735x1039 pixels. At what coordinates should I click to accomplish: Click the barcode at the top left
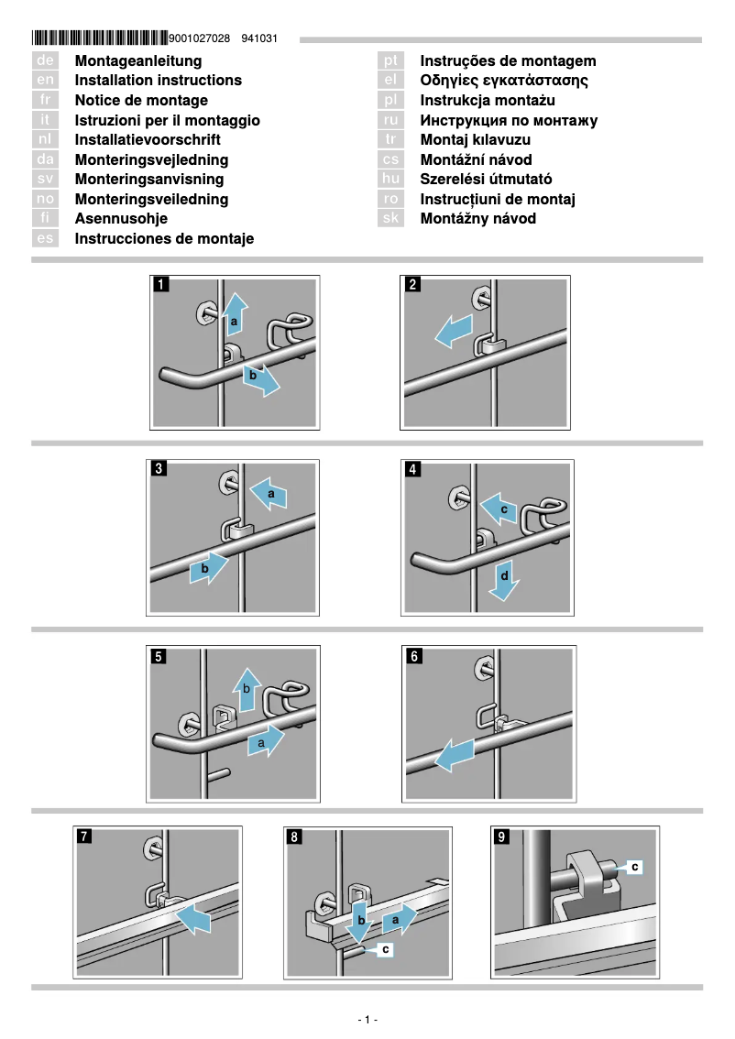[x=100, y=38]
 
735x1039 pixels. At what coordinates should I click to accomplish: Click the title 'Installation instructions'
[x=158, y=81]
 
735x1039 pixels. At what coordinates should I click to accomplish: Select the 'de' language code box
[x=45, y=60]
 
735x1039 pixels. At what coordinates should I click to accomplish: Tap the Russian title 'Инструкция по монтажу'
[x=509, y=120]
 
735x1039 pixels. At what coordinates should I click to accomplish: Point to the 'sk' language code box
[x=391, y=219]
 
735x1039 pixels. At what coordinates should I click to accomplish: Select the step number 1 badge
[x=161, y=285]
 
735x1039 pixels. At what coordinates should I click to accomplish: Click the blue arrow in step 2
[x=454, y=332]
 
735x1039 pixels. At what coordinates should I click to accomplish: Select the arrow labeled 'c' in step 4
[x=499, y=510]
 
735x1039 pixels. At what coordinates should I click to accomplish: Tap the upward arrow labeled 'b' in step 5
[x=246, y=690]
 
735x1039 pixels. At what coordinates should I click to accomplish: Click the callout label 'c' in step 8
[x=386, y=950]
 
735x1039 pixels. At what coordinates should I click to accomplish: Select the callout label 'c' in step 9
[x=634, y=865]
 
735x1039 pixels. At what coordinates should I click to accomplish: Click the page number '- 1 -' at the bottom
[x=367, y=1020]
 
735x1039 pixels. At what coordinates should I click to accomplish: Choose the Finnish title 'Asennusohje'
[x=121, y=219]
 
